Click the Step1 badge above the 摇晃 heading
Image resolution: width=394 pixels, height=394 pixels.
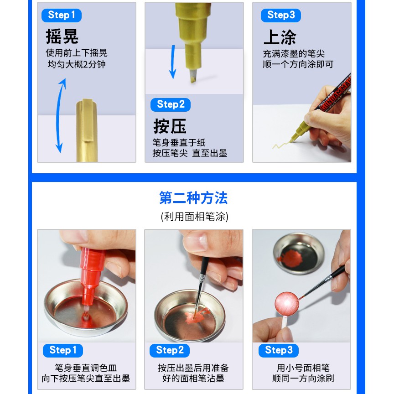coord(62,16)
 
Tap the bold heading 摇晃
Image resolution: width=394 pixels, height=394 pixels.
coord(62,36)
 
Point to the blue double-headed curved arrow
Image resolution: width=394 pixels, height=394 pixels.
coord(59,115)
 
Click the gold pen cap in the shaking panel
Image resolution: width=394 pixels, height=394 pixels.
coord(87,130)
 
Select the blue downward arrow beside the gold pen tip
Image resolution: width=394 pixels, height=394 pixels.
coord(173,62)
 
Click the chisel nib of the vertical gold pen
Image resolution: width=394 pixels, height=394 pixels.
coord(192,76)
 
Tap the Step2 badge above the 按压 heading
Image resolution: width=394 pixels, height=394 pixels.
coord(171,105)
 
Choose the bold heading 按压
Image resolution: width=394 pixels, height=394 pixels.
coord(170,126)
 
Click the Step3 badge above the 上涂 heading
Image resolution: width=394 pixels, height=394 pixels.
coord(281,16)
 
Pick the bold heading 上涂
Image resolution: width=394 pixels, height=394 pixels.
coord(280,37)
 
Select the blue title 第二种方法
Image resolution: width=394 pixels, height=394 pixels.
coord(193,198)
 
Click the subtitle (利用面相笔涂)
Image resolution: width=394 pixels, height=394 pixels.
coord(194,217)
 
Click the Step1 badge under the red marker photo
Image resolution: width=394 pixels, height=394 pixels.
coord(63,351)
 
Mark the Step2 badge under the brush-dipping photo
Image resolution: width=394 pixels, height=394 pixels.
coord(170,351)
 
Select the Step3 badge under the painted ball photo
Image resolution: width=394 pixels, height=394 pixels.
coord(279,351)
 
